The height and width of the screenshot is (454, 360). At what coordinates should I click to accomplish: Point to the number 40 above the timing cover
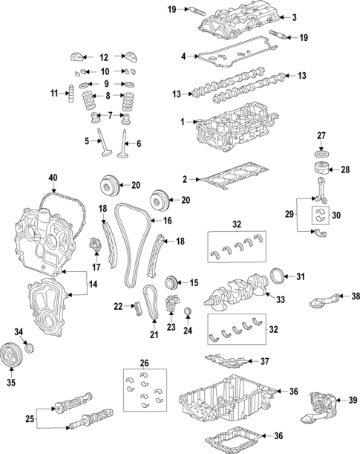52,178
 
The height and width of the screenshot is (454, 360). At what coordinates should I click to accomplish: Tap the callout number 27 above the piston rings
321,135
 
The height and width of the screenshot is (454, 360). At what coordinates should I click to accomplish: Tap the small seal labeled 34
29,348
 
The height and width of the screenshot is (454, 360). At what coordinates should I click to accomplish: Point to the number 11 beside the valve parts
53,93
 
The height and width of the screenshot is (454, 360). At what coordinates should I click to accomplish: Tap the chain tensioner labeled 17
95,246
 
